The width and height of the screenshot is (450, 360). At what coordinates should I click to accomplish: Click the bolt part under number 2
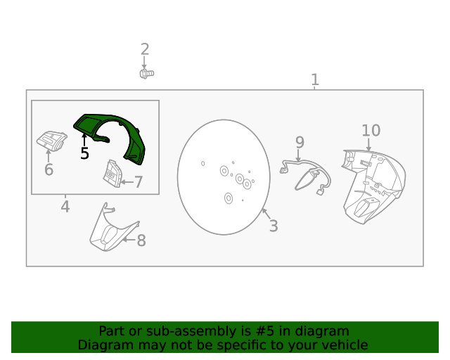point(147,74)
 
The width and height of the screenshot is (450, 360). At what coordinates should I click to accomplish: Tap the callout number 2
point(145,49)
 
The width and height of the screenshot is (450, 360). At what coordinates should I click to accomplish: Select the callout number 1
point(315,79)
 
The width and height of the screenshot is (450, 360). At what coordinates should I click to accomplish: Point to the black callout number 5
point(84,153)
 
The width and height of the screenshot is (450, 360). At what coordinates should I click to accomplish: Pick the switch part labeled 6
point(51,141)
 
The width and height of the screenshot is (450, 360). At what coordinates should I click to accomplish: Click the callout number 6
point(49,169)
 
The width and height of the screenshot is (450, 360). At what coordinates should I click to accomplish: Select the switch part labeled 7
point(112,174)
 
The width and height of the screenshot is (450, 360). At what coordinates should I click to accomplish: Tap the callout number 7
point(139,182)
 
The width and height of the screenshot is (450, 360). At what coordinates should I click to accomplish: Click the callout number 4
point(65,207)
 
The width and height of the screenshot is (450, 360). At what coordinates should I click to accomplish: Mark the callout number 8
point(141,240)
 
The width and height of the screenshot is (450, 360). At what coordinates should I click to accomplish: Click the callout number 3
point(274,226)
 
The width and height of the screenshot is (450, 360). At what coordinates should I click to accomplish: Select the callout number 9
point(300,143)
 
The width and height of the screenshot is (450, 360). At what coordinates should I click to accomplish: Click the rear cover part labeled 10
point(373,186)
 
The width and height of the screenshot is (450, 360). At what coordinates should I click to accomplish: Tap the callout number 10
point(371,131)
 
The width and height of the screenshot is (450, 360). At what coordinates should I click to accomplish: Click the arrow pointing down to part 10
point(368,145)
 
